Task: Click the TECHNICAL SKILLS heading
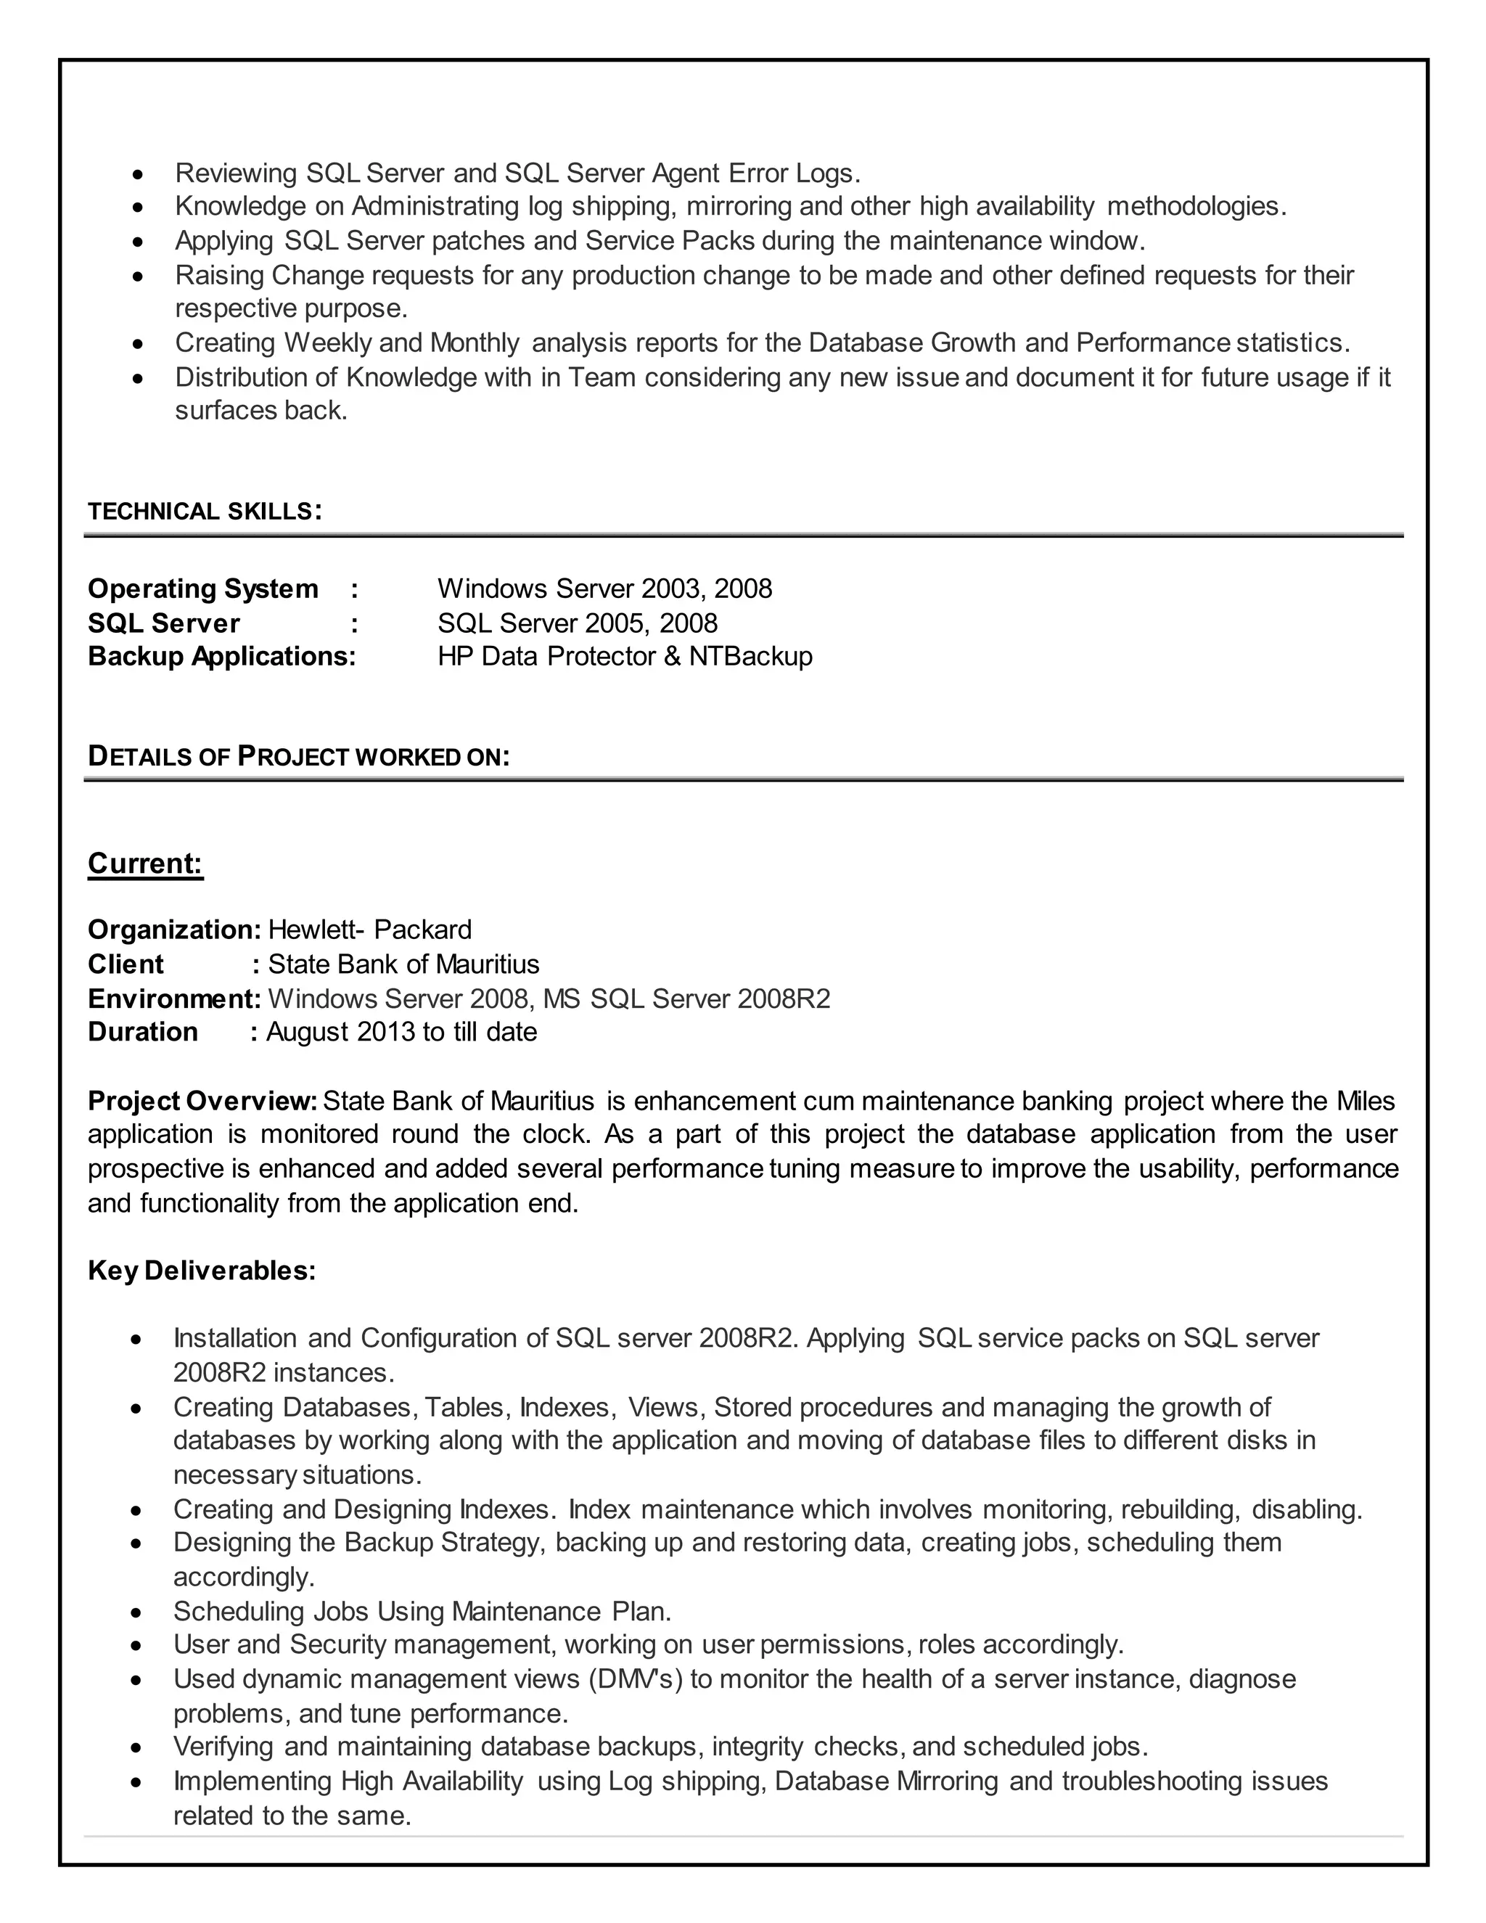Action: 204,512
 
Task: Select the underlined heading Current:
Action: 145,863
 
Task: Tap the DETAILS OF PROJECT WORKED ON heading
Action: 298,756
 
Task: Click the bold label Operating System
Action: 202,589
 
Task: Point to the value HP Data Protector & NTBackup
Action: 624,656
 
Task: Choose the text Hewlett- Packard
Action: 370,930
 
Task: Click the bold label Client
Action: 125,964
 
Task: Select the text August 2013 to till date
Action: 401,1032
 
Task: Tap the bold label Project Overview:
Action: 202,1101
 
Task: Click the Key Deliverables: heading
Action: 202,1271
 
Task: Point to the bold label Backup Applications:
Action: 222,656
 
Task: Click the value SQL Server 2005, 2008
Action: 578,623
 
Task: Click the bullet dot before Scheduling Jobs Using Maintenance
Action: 136,1613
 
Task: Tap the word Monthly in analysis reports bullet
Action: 475,343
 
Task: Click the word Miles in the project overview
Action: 1366,1101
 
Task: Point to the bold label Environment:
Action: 174,999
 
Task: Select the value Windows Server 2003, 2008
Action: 605,589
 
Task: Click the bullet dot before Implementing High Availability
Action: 136,1783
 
